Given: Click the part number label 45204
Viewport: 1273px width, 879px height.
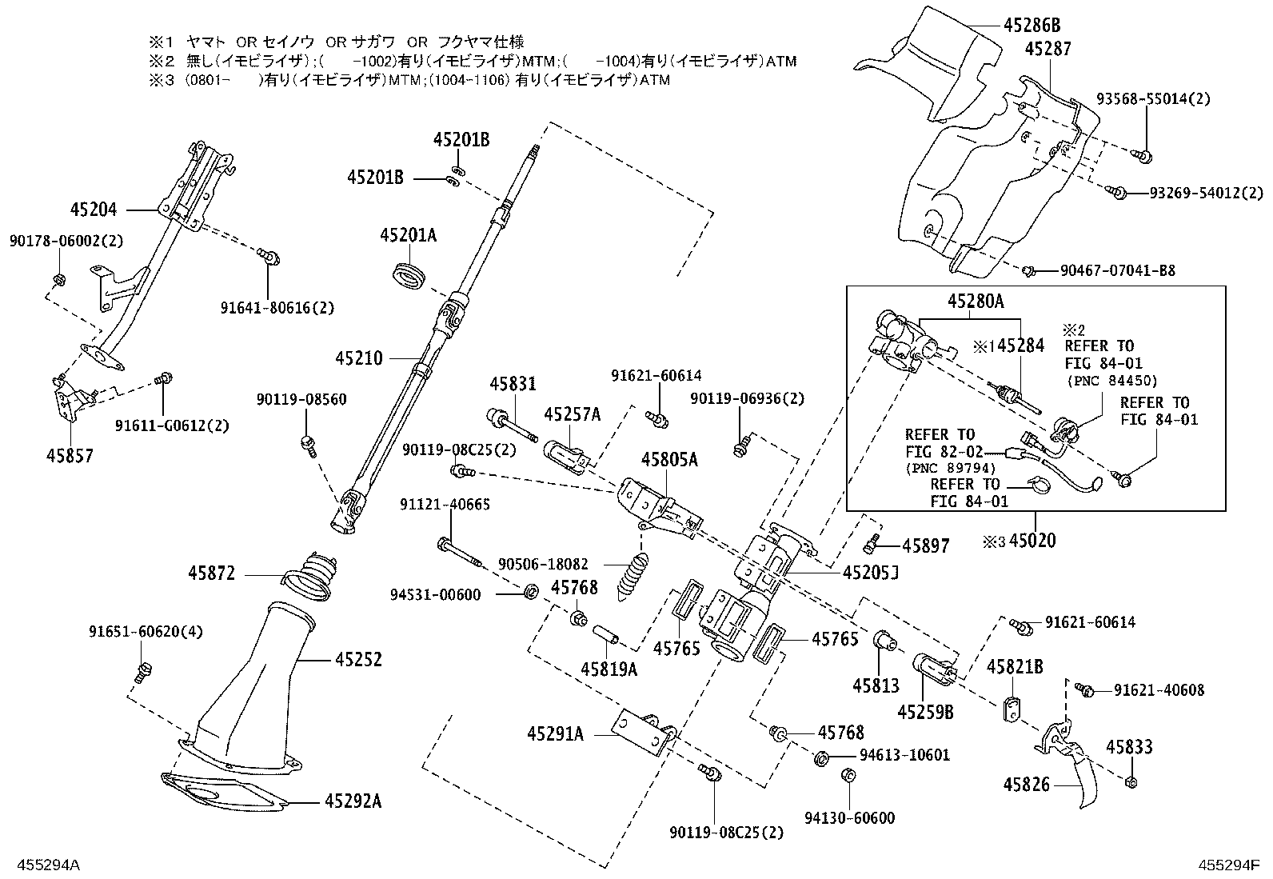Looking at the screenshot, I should [94, 210].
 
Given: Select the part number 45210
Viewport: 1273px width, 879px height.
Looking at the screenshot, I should [359, 358].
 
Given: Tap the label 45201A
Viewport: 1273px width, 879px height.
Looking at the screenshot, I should [409, 235].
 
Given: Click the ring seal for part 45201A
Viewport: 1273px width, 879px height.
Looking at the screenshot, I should [409, 274].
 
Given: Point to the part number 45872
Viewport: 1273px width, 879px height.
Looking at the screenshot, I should [212, 573].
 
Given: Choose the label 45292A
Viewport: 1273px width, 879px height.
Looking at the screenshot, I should [353, 801].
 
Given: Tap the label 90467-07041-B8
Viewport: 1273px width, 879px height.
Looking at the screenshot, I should [1117, 271].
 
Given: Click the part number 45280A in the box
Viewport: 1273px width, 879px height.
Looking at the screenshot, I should [976, 302].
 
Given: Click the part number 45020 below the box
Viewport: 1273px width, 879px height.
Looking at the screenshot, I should [1032, 541].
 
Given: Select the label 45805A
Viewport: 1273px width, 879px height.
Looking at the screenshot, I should [669, 460].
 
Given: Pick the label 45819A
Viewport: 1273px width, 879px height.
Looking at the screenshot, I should [609, 669].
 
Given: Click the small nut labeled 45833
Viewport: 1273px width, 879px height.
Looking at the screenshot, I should [1131, 781].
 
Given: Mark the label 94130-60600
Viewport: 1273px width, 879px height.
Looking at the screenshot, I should [850, 817].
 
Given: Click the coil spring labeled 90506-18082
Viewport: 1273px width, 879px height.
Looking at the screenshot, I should [633, 577].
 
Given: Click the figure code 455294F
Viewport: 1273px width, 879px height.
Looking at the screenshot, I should [1228, 865].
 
